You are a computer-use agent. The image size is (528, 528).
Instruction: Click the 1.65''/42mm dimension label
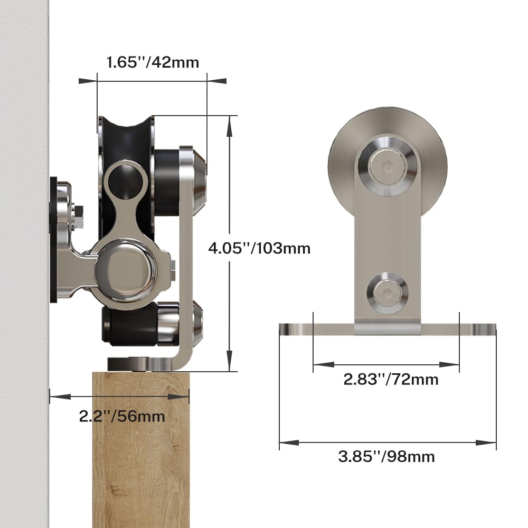[153, 62]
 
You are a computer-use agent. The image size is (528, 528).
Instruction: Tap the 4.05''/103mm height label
[259, 248]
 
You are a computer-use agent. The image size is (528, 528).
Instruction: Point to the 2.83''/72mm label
[391, 379]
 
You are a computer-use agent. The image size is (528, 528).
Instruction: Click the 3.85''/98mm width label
[386, 456]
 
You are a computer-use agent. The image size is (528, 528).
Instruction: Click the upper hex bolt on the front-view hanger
[386, 166]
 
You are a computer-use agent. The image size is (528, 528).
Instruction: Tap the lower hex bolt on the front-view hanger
[386, 292]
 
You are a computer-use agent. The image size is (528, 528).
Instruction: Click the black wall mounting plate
[53, 240]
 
